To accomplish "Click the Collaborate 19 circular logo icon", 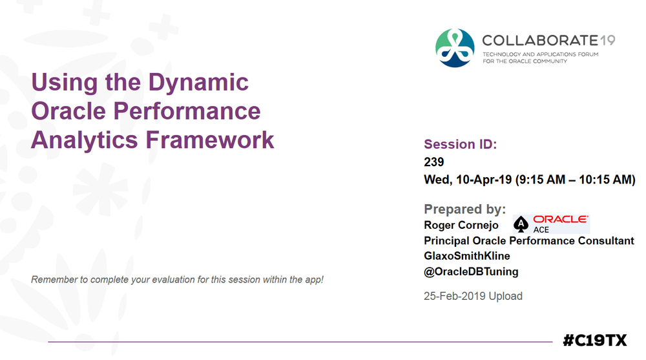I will (455, 48).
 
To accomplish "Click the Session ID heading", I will (460, 145).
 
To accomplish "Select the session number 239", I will (434, 162).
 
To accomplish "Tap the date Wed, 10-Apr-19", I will (467, 180).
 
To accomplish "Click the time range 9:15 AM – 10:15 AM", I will (575, 180).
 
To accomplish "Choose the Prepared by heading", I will (464, 209).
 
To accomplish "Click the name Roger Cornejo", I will (461, 225).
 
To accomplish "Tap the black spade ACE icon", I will (521, 224).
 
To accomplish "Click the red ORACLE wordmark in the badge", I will (560, 220).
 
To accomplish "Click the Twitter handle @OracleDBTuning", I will (471, 271).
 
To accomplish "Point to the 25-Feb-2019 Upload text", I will (473, 296).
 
